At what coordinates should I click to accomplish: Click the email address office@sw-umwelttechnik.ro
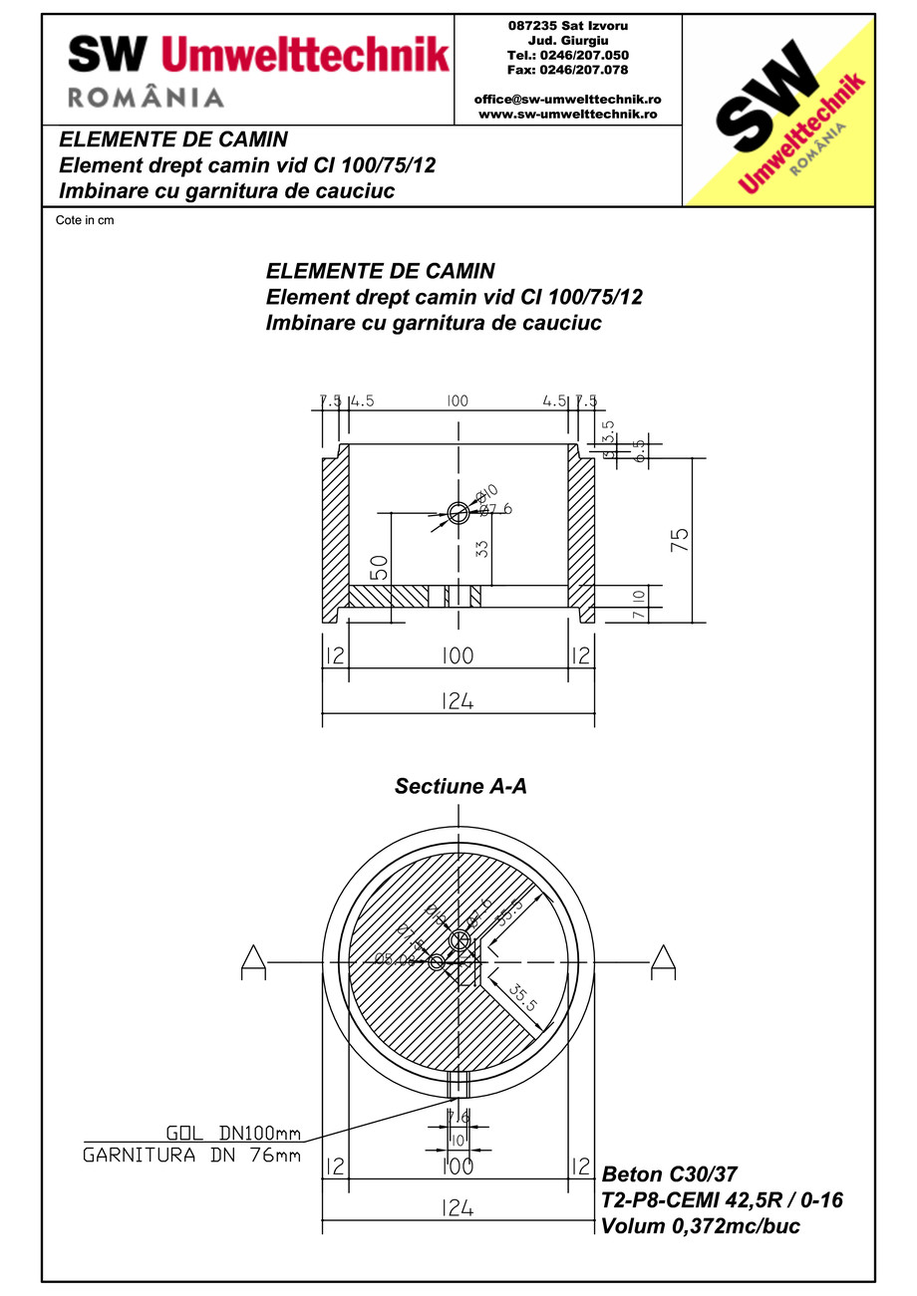[568, 100]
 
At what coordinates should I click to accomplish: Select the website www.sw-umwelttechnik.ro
[568, 114]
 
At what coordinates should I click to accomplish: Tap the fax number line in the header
[568, 70]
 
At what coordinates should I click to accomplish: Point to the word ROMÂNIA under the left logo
[146, 97]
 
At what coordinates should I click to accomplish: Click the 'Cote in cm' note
[85, 220]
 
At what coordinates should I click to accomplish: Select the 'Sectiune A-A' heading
[460, 786]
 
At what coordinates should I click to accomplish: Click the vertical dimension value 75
[680, 539]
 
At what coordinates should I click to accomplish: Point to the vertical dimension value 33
[482, 548]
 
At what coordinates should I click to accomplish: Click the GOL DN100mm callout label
[231, 1132]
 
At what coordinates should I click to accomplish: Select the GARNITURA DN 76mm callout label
[191, 1157]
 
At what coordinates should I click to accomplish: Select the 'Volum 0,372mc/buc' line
[700, 1226]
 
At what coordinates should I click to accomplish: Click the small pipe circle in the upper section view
[458, 512]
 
